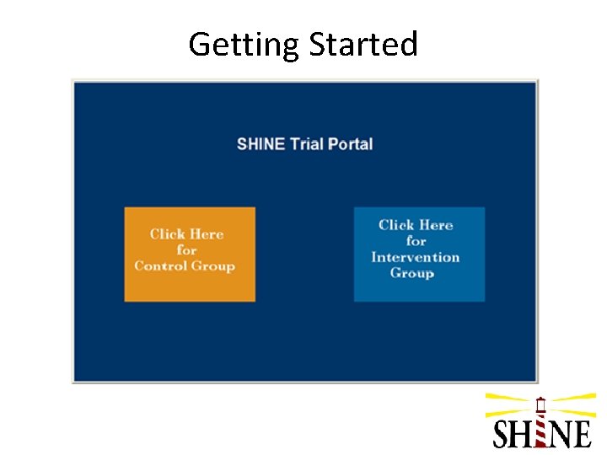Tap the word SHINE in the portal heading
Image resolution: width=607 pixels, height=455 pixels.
pyautogui.click(x=261, y=143)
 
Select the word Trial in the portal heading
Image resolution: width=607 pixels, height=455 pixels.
pyautogui.click(x=307, y=143)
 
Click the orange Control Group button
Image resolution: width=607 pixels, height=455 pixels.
pyautogui.click(x=190, y=254)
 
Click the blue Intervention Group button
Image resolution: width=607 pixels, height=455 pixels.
pyautogui.click(x=419, y=254)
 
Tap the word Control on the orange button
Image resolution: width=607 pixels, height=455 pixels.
pyautogui.click(x=160, y=266)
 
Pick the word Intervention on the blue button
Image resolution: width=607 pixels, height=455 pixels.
pyautogui.click(x=415, y=257)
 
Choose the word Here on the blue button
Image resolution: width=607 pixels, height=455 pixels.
pyautogui.click(x=437, y=225)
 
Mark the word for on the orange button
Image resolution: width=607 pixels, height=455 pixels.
pyautogui.click(x=186, y=250)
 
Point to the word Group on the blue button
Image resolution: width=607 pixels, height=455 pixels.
pyautogui.click(x=411, y=273)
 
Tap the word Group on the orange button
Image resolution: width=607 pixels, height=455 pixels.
pyautogui.click(x=212, y=266)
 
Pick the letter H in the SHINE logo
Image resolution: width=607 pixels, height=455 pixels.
pyautogui.click(x=523, y=433)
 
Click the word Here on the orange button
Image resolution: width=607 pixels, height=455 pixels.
pyautogui.click(x=207, y=234)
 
